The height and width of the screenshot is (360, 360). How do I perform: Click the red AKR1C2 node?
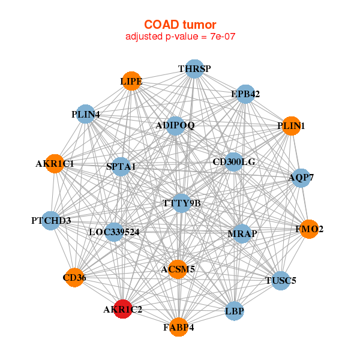point(123,309)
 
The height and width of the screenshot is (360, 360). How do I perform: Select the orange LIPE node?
point(131,81)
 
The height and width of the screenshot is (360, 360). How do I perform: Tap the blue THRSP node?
point(194,69)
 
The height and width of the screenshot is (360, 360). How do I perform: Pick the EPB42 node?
point(245,94)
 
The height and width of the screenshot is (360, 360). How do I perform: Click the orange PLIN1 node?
point(292,126)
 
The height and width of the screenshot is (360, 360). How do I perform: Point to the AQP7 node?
point(301,178)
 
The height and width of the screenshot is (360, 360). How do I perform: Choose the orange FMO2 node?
point(309,229)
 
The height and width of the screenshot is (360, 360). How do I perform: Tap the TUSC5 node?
point(281,281)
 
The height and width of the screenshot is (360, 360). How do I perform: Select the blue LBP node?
point(235,311)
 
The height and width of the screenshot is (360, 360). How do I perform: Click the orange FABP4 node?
point(179,327)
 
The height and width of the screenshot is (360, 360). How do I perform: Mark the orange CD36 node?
point(74,278)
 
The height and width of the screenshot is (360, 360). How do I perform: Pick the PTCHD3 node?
point(51,221)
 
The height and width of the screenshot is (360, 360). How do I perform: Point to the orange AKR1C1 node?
point(55,164)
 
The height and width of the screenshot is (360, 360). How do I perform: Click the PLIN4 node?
point(85,114)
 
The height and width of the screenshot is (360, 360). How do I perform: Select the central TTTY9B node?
point(181,203)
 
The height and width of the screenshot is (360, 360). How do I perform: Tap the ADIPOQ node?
point(175,126)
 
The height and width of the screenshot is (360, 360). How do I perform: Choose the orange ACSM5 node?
point(178,269)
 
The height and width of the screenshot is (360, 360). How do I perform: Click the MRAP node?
point(242,234)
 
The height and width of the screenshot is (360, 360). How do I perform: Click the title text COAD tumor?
point(180,25)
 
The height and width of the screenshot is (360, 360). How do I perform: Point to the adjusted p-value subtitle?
point(180,37)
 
